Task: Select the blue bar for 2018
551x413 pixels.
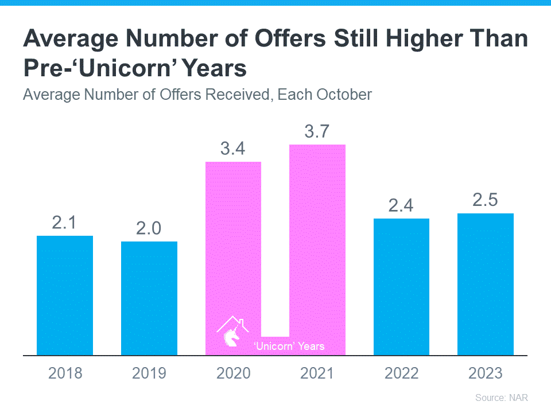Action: pos(65,295)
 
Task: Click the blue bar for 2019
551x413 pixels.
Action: pos(149,298)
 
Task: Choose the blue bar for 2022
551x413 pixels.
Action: pos(401,287)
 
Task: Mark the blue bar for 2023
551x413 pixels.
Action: pos(486,284)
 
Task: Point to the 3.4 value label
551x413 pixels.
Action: pos(233,150)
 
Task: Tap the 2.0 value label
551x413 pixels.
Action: pos(149,229)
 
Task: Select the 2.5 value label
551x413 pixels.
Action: pos(486,201)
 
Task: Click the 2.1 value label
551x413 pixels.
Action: pos(65,223)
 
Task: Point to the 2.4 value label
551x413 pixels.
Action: pos(401,206)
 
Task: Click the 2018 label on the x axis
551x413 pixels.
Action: pos(65,373)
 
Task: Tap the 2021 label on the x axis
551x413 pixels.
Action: pos(317,373)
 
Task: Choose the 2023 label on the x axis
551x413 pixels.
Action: pos(486,373)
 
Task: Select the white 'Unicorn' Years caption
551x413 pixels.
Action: pos(289,346)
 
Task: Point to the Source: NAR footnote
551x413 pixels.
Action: pos(501,398)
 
